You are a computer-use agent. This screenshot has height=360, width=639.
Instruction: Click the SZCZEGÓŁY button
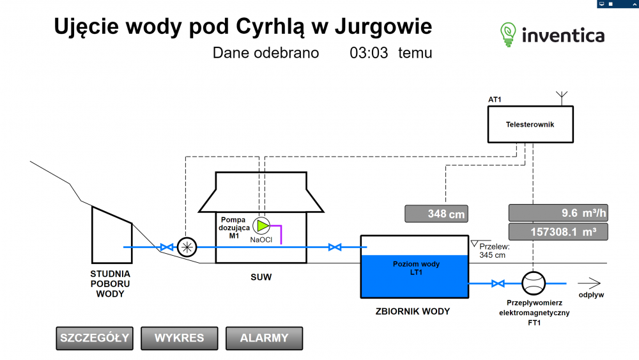(95, 338)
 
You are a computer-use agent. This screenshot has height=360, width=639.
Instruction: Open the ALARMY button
(264, 338)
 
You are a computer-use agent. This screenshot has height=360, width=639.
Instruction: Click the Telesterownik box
(530, 125)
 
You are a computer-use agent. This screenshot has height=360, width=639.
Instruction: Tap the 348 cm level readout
(436, 214)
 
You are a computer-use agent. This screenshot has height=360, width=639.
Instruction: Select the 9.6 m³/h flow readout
(558, 213)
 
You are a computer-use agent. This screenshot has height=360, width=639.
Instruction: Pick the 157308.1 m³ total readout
(558, 231)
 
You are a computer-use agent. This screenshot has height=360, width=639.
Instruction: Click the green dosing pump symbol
(262, 225)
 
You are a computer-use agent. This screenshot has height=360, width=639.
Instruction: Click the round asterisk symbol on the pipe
(187, 247)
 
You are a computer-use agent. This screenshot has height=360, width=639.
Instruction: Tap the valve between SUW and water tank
(333, 247)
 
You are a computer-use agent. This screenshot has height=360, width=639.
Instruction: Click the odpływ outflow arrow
(589, 282)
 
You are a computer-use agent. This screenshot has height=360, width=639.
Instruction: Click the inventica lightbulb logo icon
(508, 34)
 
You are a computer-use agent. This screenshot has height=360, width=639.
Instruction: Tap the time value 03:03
(369, 53)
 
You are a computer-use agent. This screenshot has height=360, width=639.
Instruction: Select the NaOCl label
(261, 240)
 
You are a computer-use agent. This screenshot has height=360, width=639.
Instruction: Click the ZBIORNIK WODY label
(412, 312)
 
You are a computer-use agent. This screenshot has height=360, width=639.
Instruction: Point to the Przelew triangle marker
(474, 242)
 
